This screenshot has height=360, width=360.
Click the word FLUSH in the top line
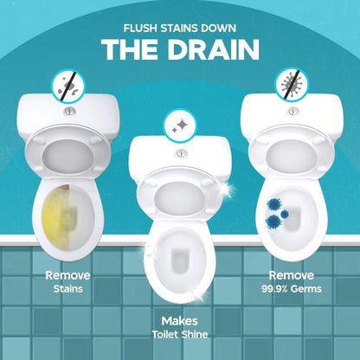tap(141, 29)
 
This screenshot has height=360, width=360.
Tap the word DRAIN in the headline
tap(213, 49)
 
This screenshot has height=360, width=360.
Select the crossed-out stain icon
tap(67, 86)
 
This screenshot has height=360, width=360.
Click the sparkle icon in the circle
tap(180, 126)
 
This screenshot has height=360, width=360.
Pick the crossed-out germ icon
tap(292, 85)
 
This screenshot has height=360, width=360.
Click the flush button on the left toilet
tap(70, 112)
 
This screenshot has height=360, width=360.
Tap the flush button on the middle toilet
tap(181, 153)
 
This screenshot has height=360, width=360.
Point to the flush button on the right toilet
tap(293, 111)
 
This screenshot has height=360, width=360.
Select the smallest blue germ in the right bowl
tap(285, 214)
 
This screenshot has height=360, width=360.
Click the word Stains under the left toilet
tap(68, 289)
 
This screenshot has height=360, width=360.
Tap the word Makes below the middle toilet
tap(179, 321)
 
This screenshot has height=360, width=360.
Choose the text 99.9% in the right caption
tap(274, 289)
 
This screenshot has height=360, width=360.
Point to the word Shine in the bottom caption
tap(195, 334)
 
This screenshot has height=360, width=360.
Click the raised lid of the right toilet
tap(292, 151)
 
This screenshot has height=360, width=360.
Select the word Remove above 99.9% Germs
tap(292, 275)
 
